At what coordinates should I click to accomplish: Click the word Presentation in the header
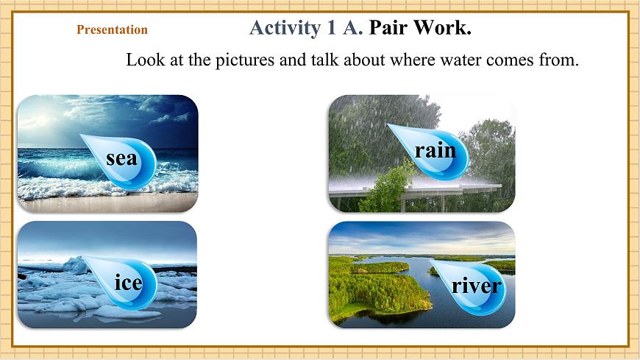point(112,30)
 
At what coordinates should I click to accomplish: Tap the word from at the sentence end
point(559,60)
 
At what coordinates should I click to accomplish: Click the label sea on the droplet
point(121,158)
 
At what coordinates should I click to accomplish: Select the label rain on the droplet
point(435,150)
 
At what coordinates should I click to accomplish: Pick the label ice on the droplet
point(128,282)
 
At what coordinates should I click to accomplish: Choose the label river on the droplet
point(476,285)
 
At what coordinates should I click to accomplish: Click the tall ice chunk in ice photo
point(76,264)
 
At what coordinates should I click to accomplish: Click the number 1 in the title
point(328,29)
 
